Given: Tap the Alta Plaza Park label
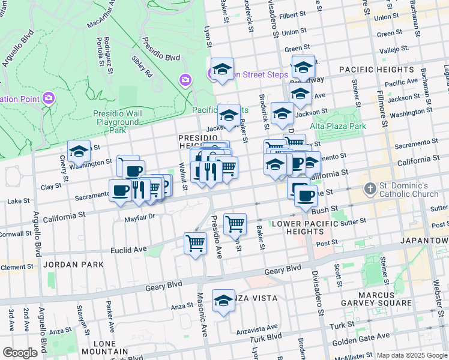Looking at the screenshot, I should [338, 126].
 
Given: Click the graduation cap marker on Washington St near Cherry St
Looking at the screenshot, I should [79, 152].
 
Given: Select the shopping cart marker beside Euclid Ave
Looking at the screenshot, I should [195, 243].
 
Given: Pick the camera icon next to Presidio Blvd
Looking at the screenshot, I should [185, 80].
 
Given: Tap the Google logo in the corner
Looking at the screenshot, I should [20, 352].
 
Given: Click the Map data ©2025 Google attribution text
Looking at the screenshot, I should [412, 355].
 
